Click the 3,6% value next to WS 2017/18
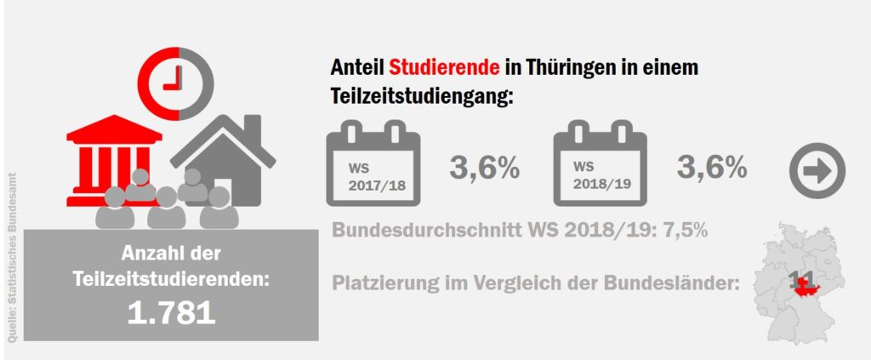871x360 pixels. [484, 167]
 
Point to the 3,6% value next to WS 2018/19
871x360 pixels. [712, 167]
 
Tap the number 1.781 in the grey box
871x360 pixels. [171, 312]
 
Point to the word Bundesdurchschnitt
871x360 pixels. [416, 230]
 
